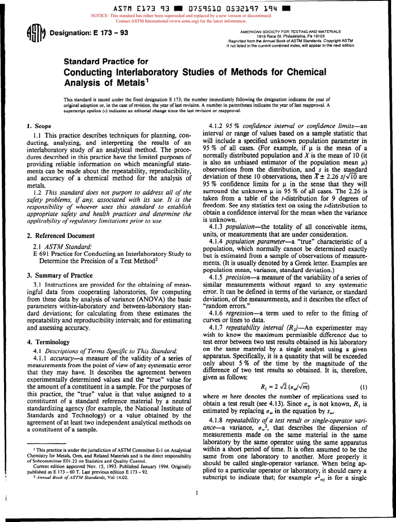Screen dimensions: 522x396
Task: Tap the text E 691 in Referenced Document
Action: pyautogui.click(x=40, y=254)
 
